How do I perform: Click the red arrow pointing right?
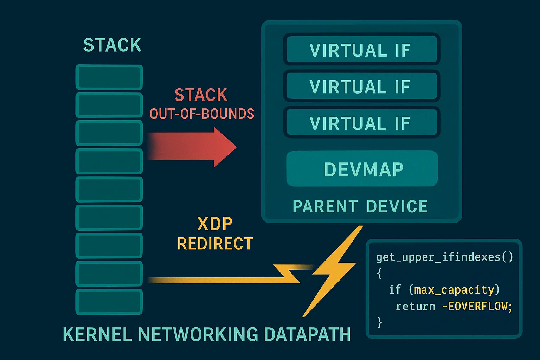click(x=197, y=147)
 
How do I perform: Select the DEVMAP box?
click(x=362, y=169)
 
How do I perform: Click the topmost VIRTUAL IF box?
click(x=361, y=50)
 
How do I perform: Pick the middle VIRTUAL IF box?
click(x=361, y=86)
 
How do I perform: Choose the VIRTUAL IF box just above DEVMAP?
click(x=361, y=123)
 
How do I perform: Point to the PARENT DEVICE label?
click(x=360, y=206)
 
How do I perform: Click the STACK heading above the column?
click(x=112, y=45)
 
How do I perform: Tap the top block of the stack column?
click(x=109, y=77)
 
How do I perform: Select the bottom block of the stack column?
click(x=109, y=302)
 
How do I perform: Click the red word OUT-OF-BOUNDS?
click(x=202, y=114)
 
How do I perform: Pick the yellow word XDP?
click(x=215, y=224)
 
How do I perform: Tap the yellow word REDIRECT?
click(x=215, y=244)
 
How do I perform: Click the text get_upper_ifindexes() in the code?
click(x=444, y=257)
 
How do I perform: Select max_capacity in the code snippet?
click(x=454, y=290)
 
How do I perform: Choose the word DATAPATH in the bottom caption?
click(x=307, y=334)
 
